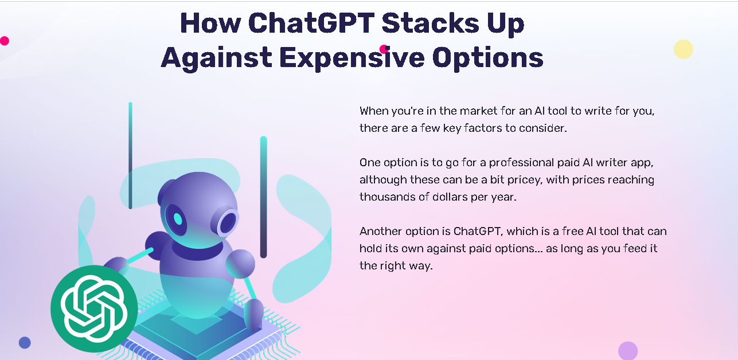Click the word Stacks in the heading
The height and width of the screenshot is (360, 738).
click(x=430, y=23)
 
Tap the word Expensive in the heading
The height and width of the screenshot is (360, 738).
click(x=352, y=58)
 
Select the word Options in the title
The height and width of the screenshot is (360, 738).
click(x=487, y=58)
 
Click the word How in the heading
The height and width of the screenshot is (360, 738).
click(x=210, y=23)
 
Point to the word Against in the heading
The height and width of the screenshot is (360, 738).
click(x=216, y=58)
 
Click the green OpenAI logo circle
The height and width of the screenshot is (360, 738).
click(x=94, y=308)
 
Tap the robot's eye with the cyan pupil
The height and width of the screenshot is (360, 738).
click(x=176, y=220)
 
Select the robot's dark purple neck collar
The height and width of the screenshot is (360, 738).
click(x=197, y=251)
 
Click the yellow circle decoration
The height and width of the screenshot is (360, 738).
click(x=684, y=49)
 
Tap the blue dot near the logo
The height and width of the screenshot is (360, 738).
click(x=25, y=343)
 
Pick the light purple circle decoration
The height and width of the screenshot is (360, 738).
click(x=628, y=351)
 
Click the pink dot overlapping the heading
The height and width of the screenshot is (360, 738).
click(x=384, y=49)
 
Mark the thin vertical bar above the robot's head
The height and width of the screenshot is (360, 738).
click(x=131, y=155)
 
